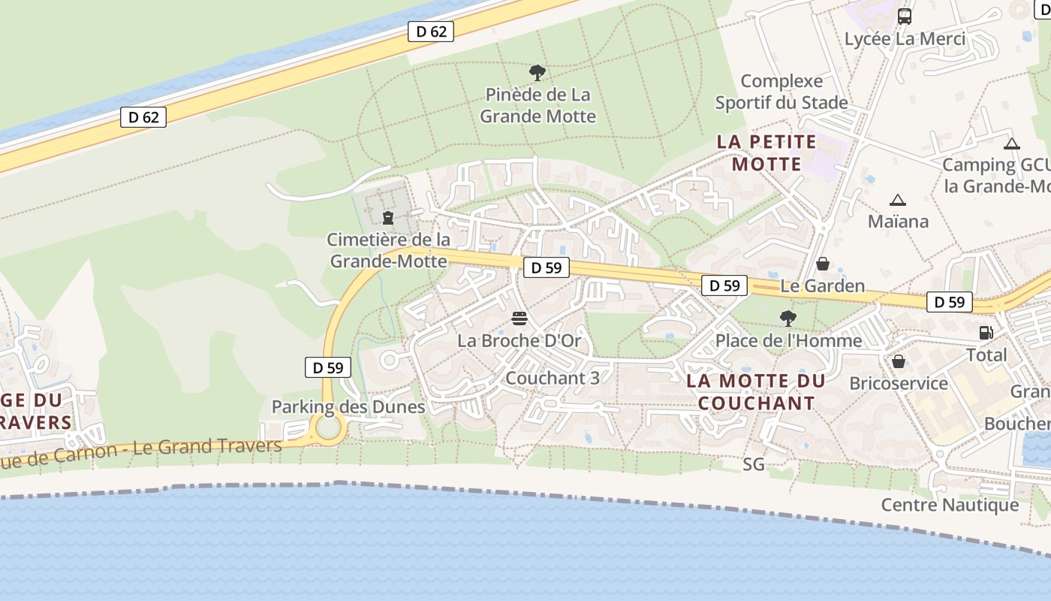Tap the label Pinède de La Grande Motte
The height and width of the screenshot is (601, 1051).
coord(538,105)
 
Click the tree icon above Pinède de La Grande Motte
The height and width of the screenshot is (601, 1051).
coord(538,73)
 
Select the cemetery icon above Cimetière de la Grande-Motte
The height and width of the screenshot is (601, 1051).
coord(388,218)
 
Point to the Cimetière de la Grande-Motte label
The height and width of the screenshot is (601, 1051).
coord(389,250)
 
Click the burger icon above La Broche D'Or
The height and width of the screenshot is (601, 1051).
coord(519,319)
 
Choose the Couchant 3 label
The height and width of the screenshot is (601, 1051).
coord(553,378)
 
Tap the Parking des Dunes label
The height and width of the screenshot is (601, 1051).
coord(348,407)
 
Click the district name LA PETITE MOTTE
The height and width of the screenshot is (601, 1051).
coord(766,153)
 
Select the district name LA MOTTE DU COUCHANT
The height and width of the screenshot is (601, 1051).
coord(756,391)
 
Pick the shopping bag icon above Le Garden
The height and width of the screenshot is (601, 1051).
coord(823,264)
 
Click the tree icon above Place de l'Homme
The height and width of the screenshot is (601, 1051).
coord(787,319)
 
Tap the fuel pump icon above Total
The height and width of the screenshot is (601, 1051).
coord(986,333)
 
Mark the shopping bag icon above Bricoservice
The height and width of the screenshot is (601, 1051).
coord(898,361)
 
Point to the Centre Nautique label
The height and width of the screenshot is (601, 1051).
coord(950,505)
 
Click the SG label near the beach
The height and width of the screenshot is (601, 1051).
coord(754,464)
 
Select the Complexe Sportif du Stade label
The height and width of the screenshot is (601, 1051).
coord(781,92)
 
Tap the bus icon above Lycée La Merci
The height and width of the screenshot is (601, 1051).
coord(905,16)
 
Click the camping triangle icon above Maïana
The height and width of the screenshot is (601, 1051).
coord(897,200)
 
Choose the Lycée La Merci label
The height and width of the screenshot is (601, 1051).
coord(905,38)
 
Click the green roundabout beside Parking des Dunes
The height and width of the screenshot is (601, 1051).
coord(328,427)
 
